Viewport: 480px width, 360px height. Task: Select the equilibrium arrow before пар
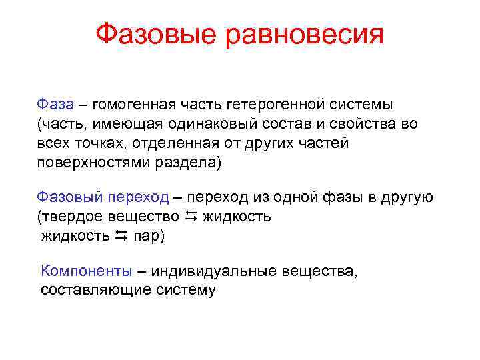pos(121,236)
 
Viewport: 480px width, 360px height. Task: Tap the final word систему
pos(185,290)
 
